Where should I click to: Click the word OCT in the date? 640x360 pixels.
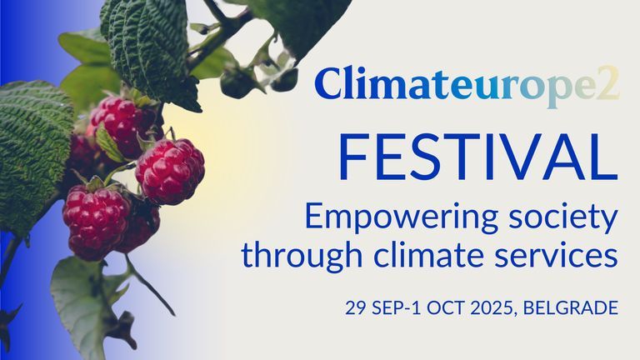(x=442, y=308)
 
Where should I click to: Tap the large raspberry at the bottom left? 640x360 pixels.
(x=96, y=220)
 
